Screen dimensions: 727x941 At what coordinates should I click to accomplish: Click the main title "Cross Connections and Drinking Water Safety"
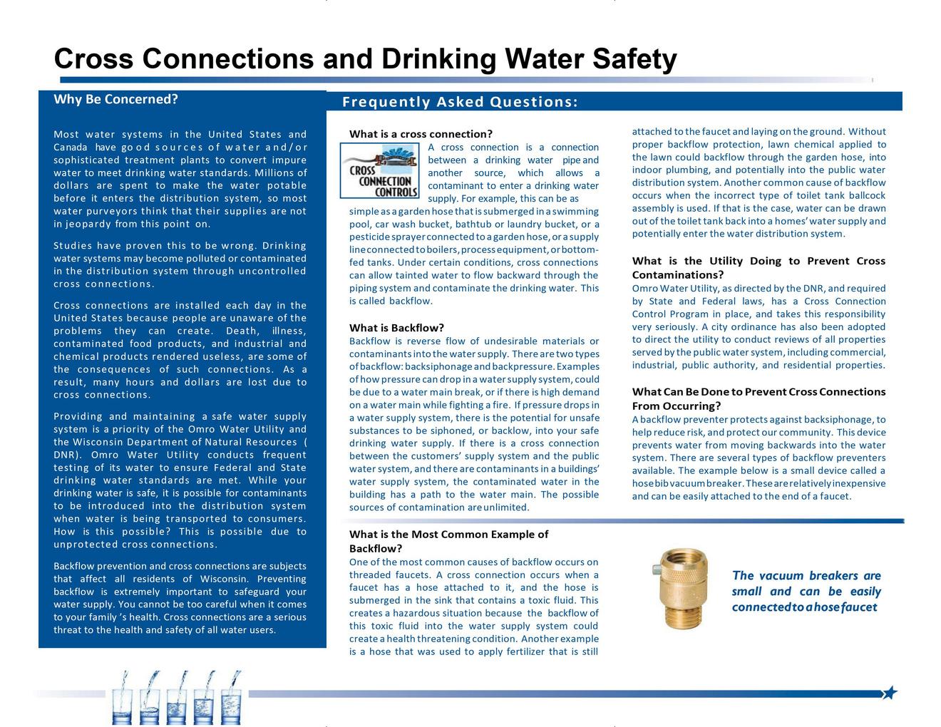coord(365,59)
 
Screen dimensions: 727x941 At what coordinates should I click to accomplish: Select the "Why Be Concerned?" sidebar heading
coord(115,99)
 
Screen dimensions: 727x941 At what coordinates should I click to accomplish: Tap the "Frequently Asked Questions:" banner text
coord(460,102)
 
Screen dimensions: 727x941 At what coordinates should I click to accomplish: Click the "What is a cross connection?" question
coord(421,134)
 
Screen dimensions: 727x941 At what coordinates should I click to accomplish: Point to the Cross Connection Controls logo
coord(380,171)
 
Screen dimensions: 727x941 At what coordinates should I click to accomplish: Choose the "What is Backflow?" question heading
coord(396,328)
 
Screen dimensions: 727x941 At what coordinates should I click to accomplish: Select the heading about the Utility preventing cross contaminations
coord(759,267)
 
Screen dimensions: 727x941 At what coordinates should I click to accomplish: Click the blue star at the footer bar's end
coord(890,693)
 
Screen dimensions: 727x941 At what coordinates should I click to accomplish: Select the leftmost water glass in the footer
coord(125,702)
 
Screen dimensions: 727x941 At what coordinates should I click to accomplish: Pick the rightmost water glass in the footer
coord(232,702)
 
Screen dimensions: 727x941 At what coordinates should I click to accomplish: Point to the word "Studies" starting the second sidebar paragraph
coord(71,245)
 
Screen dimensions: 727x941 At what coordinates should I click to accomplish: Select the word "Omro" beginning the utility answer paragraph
coord(644,288)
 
